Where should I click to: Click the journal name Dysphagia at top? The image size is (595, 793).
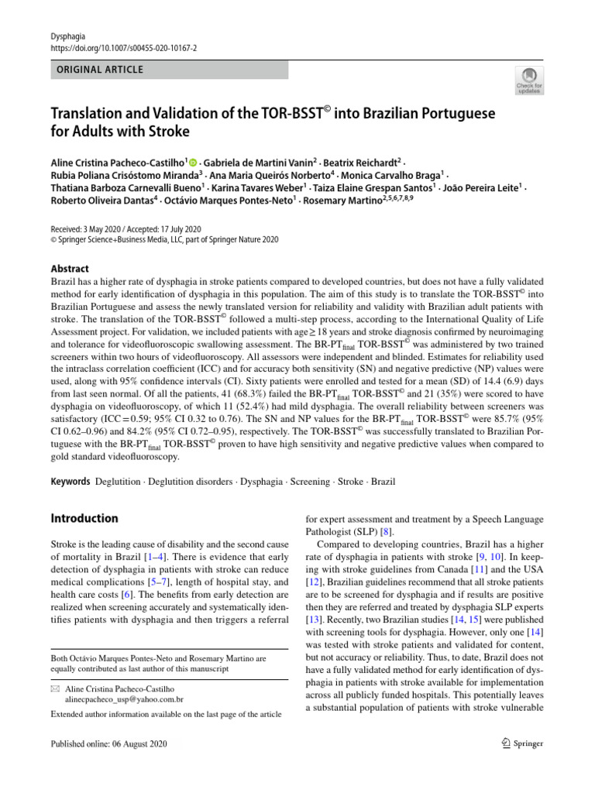(x=67, y=36)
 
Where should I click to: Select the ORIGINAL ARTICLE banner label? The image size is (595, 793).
(x=98, y=70)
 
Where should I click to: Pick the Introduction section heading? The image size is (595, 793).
(x=84, y=518)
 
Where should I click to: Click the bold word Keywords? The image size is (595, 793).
(x=71, y=482)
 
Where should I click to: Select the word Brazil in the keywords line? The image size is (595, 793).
(x=383, y=482)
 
